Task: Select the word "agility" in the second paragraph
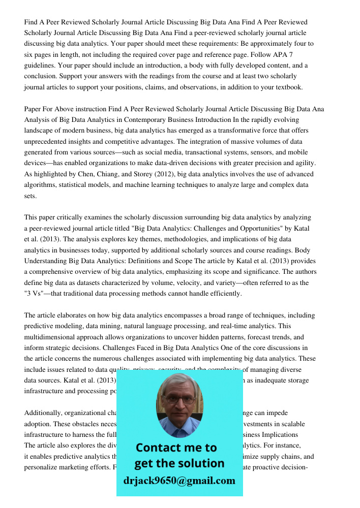(305, 163)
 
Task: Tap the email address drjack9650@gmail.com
(179, 480)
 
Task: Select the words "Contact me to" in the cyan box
(176, 448)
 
